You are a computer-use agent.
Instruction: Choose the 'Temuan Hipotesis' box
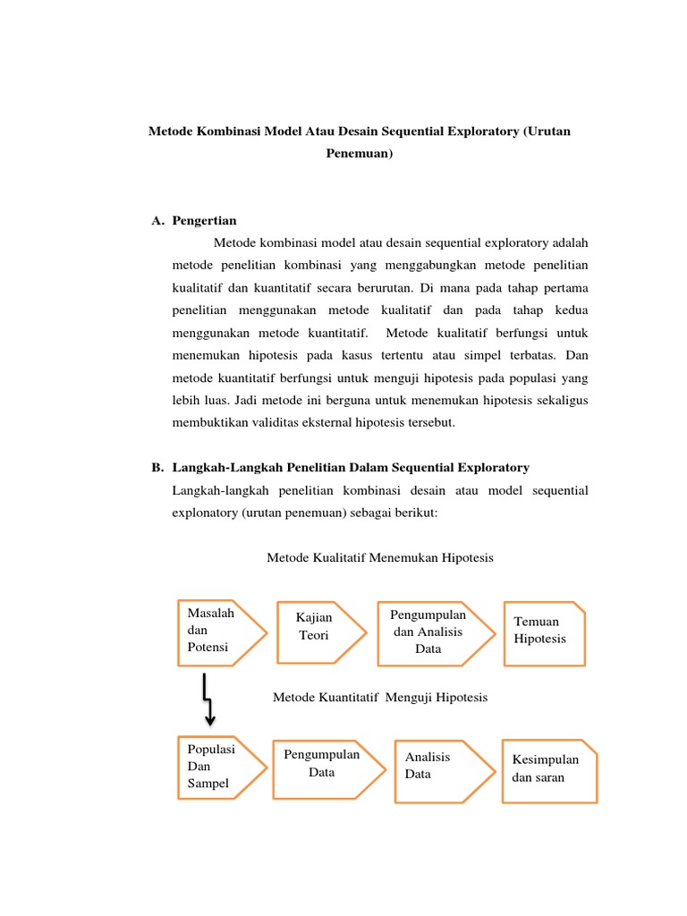tap(544, 632)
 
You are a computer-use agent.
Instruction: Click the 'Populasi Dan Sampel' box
tap(220, 768)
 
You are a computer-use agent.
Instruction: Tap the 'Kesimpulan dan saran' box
tap(548, 769)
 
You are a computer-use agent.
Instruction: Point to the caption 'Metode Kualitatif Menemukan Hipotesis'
tap(380, 557)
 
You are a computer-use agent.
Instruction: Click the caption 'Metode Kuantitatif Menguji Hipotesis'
tap(380, 697)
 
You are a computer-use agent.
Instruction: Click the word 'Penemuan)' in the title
tap(359, 154)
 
